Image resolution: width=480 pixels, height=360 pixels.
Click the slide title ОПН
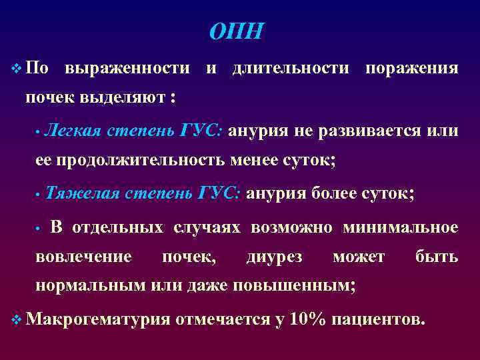click(x=237, y=31)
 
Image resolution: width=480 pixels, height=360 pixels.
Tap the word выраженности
click(x=127, y=68)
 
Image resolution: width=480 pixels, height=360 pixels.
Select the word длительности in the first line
click(x=291, y=68)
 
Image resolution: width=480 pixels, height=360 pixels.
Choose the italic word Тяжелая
click(x=83, y=193)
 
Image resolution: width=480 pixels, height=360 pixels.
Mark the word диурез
click(x=273, y=257)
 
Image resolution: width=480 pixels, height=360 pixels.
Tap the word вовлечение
click(x=83, y=257)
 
